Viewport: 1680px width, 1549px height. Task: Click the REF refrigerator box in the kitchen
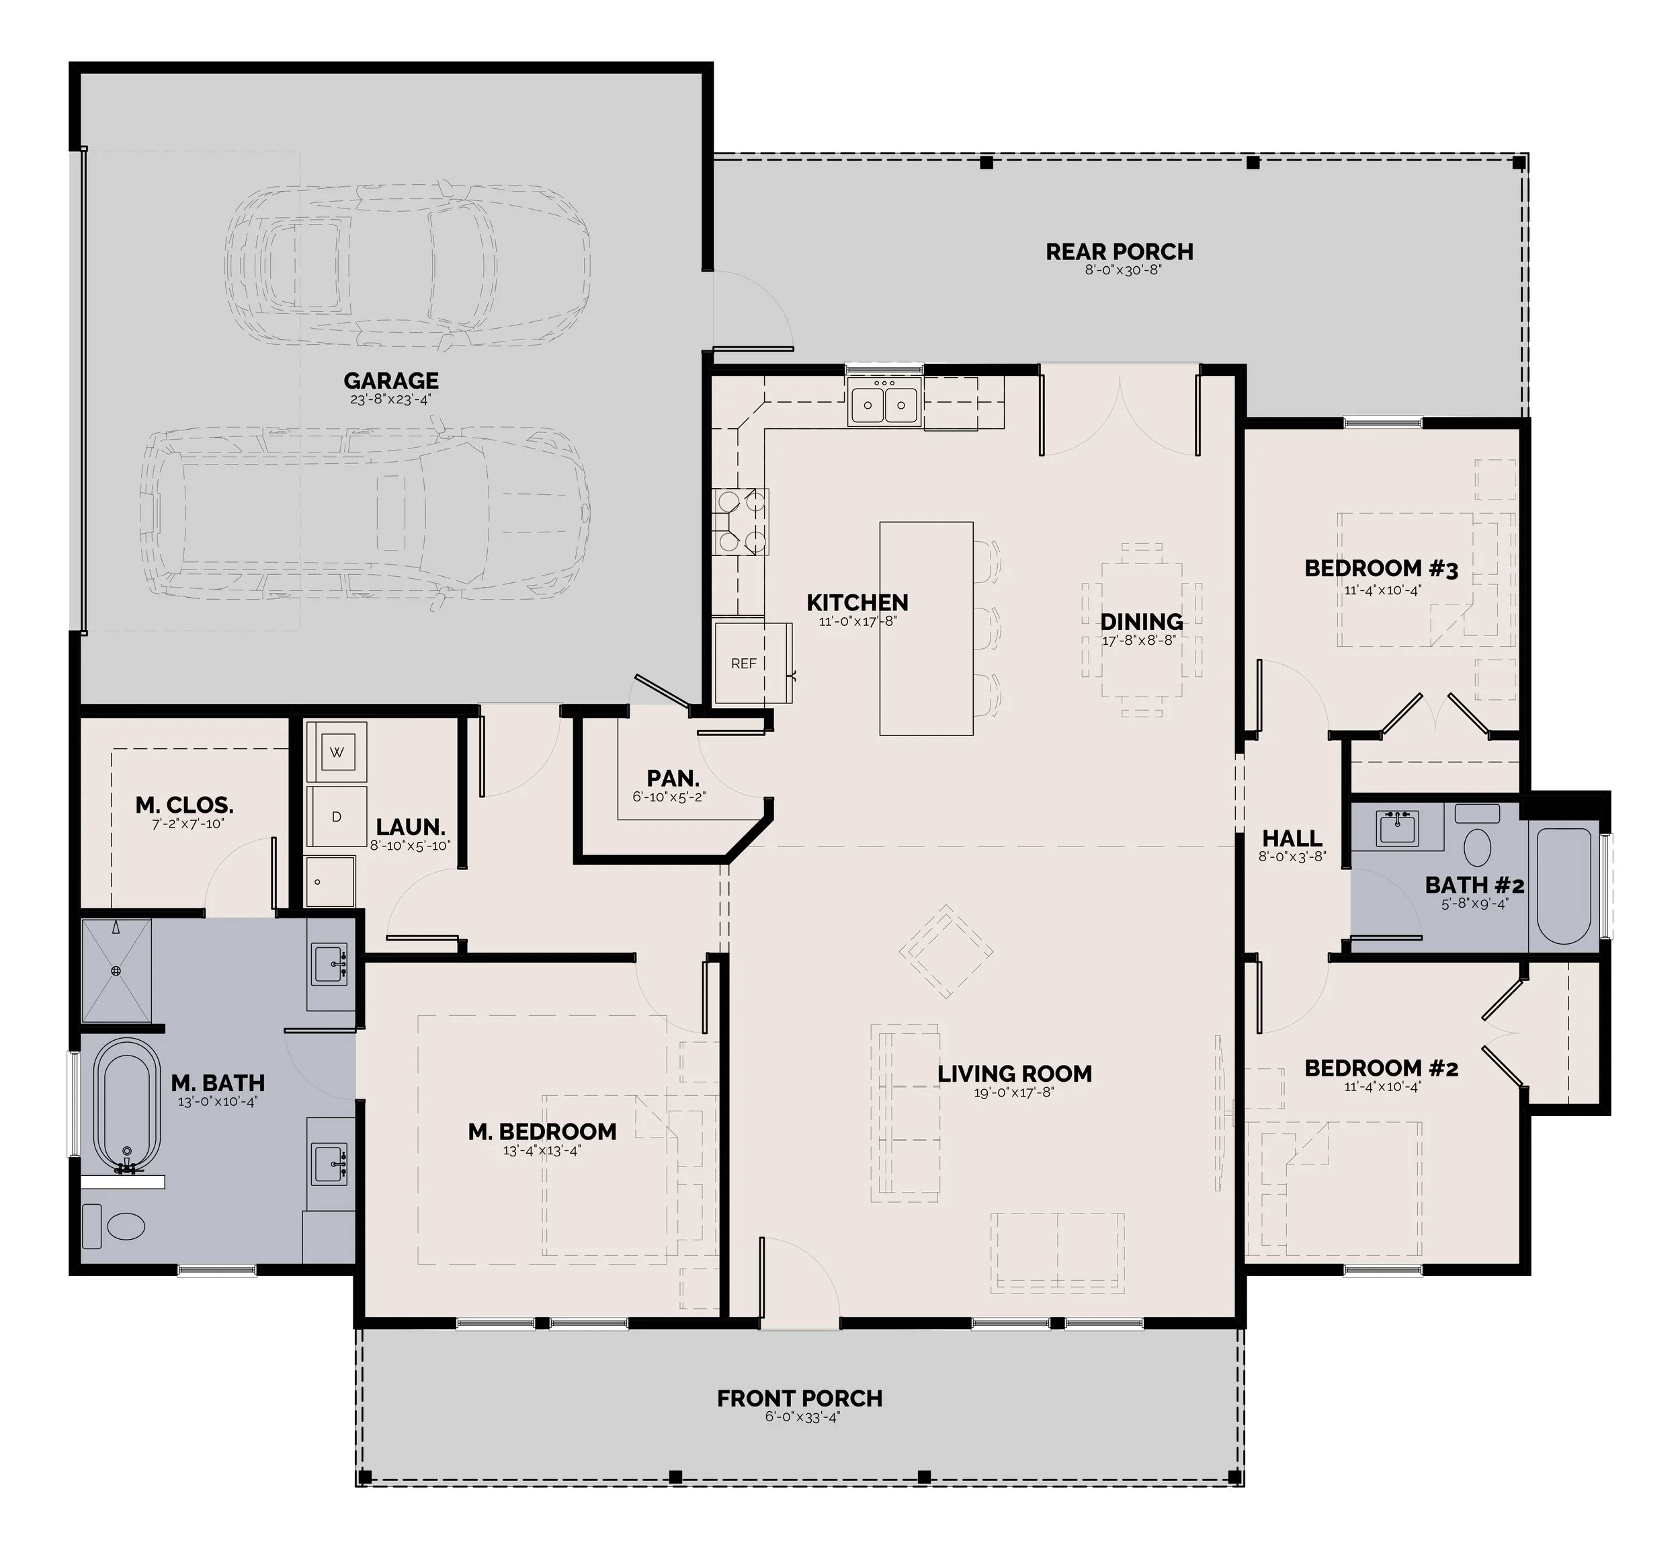click(743, 664)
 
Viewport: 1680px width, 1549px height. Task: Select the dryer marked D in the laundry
click(337, 816)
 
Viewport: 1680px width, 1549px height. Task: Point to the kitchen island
click(926, 629)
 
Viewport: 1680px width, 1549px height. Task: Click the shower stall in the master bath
click(116, 971)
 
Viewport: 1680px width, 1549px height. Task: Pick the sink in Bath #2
click(1397, 828)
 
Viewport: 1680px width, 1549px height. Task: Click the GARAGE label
click(391, 381)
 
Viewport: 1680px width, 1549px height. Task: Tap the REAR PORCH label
click(1120, 251)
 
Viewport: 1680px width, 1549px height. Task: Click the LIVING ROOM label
click(1015, 1074)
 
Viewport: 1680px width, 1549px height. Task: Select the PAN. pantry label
click(673, 779)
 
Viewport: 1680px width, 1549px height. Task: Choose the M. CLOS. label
click(184, 805)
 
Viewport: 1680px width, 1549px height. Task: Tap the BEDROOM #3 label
click(1381, 569)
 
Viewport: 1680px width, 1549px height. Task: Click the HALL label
click(1292, 838)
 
